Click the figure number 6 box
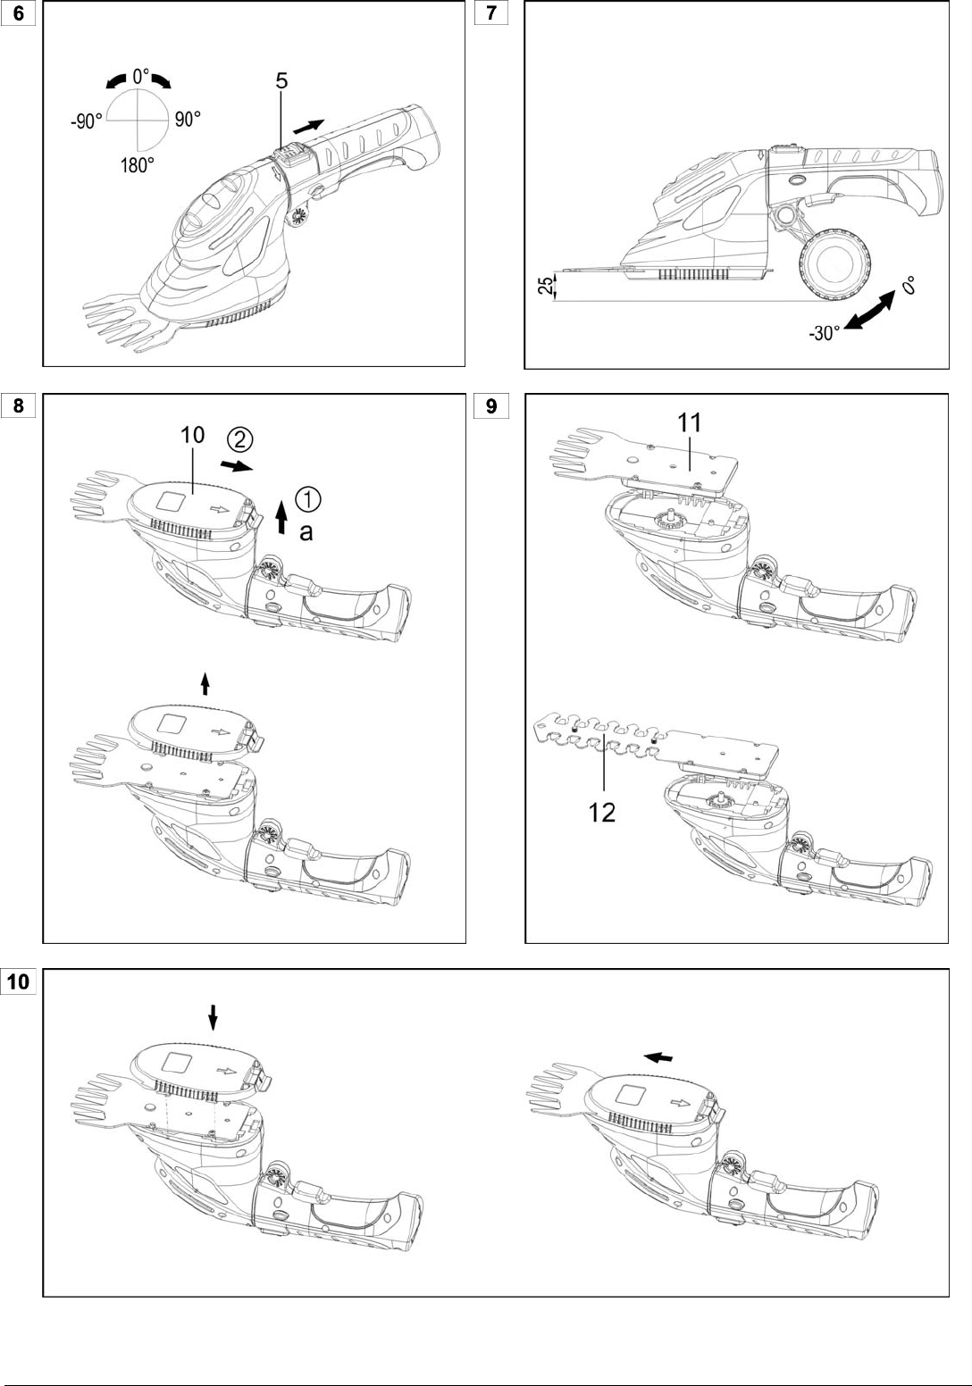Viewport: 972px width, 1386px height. click(18, 13)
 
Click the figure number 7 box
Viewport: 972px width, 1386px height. click(491, 13)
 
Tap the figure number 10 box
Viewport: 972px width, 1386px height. click(19, 981)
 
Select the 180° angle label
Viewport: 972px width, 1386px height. click(137, 165)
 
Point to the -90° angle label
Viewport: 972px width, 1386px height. click(86, 121)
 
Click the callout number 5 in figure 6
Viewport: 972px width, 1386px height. click(281, 80)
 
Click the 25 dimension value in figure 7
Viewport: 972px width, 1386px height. click(546, 286)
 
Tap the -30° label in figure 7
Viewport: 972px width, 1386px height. click(824, 333)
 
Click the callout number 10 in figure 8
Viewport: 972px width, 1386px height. click(193, 434)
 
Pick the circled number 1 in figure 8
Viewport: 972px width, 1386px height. click(307, 498)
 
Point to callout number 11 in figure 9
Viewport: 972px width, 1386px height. click(689, 422)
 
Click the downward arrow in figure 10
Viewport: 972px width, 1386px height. click(213, 1017)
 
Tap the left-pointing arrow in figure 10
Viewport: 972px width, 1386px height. click(658, 1056)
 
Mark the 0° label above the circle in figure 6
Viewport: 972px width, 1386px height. click(140, 77)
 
